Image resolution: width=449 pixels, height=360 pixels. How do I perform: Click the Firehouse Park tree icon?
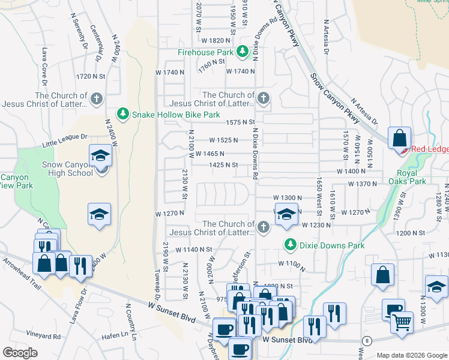click(243, 52)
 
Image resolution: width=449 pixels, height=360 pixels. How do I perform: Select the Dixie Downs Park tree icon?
click(290, 245)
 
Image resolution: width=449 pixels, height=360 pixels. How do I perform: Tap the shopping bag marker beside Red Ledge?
click(399, 139)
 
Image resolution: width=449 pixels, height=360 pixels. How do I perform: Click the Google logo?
click(20, 353)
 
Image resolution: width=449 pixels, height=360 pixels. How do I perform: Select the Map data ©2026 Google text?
click(412, 355)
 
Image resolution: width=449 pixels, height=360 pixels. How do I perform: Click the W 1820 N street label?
click(217, 40)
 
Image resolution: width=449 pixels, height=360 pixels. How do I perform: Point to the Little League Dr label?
click(65, 141)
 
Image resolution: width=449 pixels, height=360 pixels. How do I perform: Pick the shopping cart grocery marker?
click(402, 322)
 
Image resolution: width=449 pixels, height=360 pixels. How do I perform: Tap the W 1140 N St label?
click(194, 249)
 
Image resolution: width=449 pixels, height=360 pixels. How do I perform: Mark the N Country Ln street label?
click(131, 321)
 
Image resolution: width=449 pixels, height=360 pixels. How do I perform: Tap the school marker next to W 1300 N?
click(287, 215)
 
